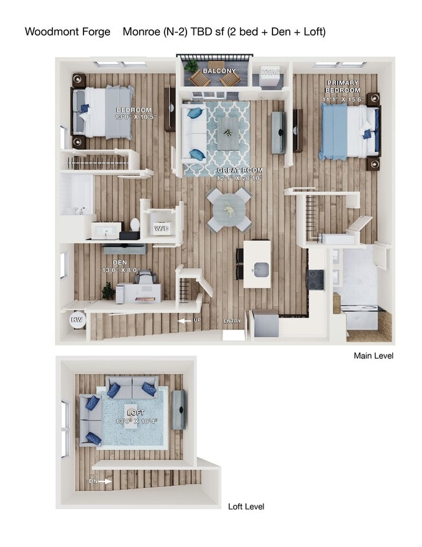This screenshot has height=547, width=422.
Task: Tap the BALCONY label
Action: coord(219,70)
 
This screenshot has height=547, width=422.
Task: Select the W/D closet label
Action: coord(161,229)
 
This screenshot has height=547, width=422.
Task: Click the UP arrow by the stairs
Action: coord(188,320)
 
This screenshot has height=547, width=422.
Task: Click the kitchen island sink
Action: coord(261,268)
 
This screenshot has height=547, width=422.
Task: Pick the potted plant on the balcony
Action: coord(191,65)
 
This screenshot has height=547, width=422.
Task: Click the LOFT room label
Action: coord(136,412)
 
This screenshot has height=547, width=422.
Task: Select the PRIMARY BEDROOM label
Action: coord(343,87)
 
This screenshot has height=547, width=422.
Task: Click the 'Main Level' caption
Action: coord(373,356)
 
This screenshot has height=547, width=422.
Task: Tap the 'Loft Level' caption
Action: coord(246,507)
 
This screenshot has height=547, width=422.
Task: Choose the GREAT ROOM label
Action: coord(240,170)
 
